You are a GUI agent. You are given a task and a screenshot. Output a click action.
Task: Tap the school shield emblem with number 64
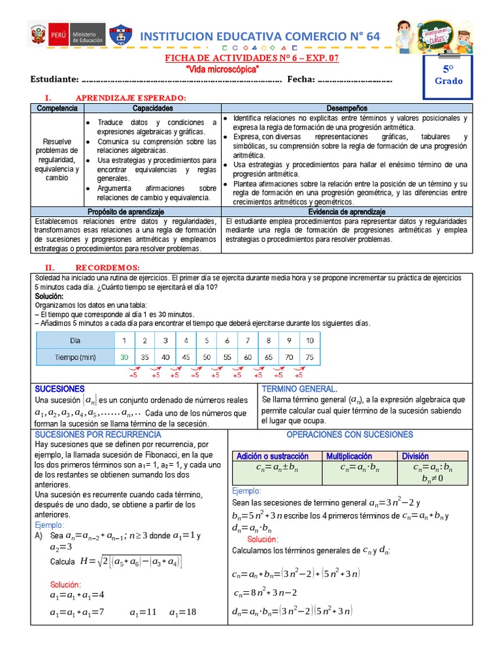120,37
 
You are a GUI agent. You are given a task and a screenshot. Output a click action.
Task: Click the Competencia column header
57,108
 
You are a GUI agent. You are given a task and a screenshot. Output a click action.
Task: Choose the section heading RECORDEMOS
108,267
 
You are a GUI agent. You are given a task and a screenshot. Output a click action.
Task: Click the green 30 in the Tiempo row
124,357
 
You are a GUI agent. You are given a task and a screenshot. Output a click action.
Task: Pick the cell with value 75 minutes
309,357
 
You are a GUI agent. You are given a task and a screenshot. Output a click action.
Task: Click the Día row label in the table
75,340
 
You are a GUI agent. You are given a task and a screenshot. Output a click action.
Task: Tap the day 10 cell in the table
309,340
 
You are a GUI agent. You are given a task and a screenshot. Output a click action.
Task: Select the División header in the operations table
416,456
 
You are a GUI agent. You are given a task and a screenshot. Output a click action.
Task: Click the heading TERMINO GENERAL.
299,388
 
